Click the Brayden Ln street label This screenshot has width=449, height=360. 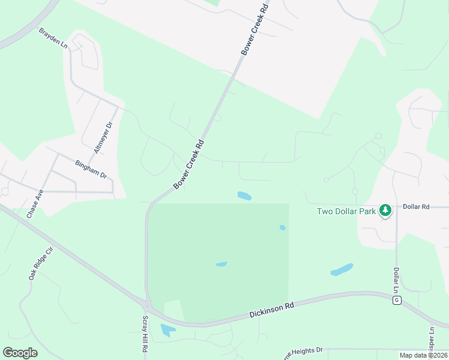(x=53, y=38)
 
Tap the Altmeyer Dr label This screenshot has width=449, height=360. (x=109, y=133)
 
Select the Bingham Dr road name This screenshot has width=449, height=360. (x=91, y=170)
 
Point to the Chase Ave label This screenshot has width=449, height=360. (x=35, y=203)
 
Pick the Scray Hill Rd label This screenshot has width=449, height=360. (x=145, y=334)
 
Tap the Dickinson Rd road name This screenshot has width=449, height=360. (x=271, y=311)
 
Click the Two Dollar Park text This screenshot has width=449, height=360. (x=346, y=211)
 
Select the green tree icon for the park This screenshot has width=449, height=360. (x=385, y=211)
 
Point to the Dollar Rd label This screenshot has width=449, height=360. (x=416, y=206)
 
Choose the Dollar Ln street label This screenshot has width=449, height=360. (x=396, y=280)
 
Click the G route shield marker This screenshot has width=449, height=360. (x=397, y=300)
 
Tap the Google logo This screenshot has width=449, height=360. (x=20, y=353)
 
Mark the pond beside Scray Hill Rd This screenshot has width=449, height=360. (x=167, y=329)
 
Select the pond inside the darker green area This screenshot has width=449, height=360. (x=221, y=263)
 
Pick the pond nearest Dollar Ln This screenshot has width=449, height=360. (x=342, y=270)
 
